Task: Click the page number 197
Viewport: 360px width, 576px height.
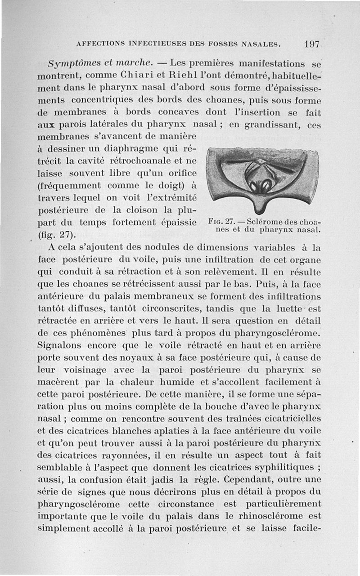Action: pyautogui.click(x=311, y=44)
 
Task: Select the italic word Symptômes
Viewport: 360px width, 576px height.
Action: pyautogui.click(x=72, y=63)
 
